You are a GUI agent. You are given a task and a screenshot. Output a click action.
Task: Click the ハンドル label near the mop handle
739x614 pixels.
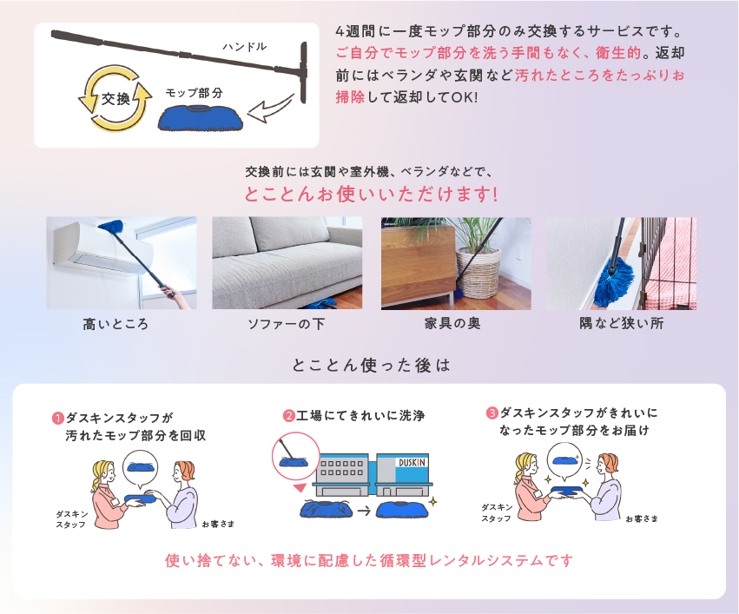[245, 46]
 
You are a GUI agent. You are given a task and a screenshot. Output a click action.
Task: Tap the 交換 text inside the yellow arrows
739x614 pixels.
[115, 99]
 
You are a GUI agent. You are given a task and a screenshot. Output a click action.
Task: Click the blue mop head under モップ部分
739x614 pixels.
[201, 118]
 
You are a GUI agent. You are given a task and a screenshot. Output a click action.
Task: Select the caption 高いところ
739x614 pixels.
[115, 324]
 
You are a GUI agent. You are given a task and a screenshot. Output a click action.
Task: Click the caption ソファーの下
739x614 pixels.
[286, 324]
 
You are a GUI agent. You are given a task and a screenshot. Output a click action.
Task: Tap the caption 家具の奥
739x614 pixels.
[452, 324]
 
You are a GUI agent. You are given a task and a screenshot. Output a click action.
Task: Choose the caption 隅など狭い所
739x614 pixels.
[621, 323]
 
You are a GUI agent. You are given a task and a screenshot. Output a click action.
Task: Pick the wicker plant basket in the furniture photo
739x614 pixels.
[478, 274]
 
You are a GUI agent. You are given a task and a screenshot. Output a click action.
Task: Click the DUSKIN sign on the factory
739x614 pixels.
[412, 463]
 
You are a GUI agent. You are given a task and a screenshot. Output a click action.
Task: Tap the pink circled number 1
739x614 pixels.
[57, 419]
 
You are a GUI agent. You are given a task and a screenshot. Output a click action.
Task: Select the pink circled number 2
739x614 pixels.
[288, 416]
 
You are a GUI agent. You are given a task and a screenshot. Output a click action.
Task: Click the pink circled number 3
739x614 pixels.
[492, 413]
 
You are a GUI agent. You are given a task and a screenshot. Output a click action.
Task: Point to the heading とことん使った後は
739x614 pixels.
[371, 366]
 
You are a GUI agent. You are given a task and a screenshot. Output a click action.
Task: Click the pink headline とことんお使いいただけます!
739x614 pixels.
[371, 195]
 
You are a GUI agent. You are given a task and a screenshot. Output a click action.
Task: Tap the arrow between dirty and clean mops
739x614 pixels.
[364, 511]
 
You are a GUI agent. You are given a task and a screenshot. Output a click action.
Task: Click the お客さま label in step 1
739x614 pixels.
[218, 524]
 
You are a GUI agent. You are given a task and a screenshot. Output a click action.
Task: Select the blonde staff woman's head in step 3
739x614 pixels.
[526, 465]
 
